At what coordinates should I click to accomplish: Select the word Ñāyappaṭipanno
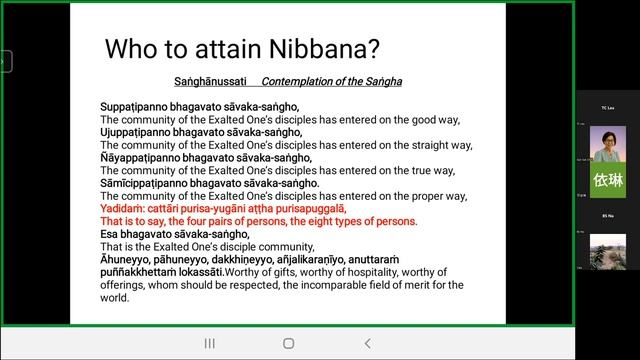(x=142, y=157)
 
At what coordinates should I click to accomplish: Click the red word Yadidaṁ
(x=122, y=208)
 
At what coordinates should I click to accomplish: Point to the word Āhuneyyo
(x=126, y=259)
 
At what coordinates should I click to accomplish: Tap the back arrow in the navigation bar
(x=367, y=343)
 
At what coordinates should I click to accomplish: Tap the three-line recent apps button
(x=209, y=343)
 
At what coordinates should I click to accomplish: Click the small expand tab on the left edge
(x=4, y=62)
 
